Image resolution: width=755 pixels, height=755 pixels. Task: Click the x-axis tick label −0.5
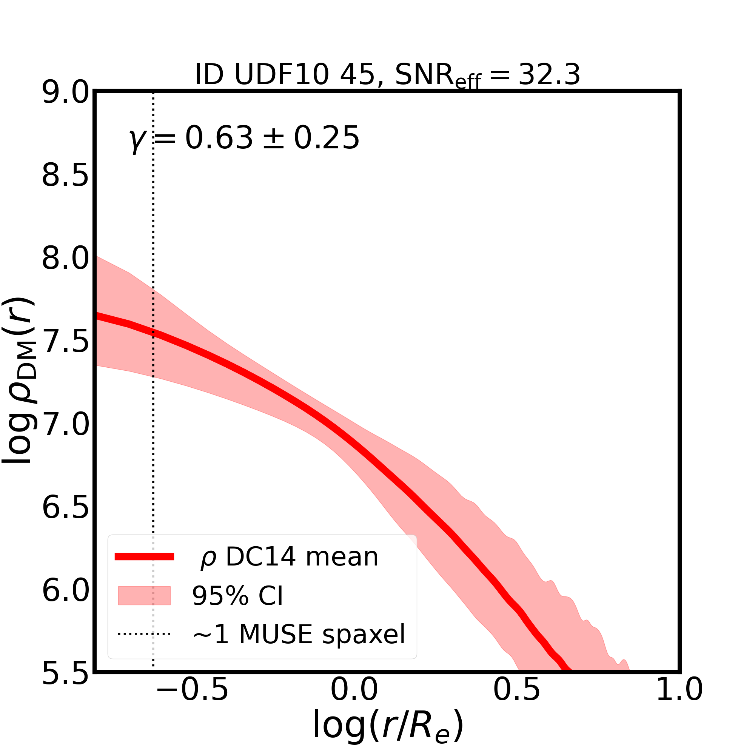click(192, 701)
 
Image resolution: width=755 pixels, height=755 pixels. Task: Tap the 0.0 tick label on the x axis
click(354, 701)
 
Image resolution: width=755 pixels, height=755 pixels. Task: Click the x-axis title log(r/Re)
click(388, 726)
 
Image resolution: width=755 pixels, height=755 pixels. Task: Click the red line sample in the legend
click(144, 557)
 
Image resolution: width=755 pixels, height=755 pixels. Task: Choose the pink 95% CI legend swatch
click(144, 596)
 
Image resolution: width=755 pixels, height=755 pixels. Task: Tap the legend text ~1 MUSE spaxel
click(299, 634)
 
